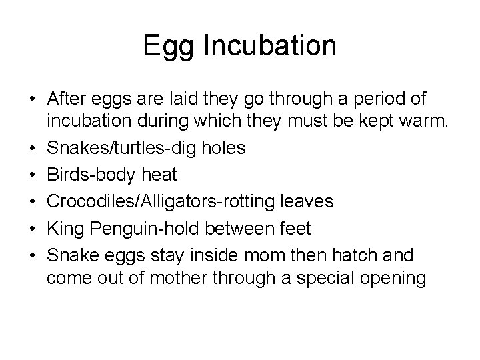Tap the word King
tap(66, 229)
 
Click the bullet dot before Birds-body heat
tap(32, 175)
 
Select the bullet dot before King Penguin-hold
tap(32, 228)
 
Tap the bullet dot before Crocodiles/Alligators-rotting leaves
tap(32, 201)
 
